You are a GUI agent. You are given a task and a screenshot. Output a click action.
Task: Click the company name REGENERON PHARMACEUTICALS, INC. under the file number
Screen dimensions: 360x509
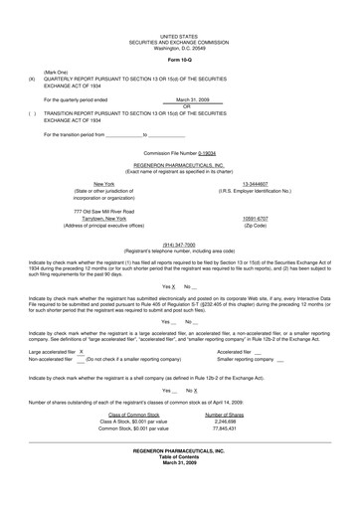point(179,167)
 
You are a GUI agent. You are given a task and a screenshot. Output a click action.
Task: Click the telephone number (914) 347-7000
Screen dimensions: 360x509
point(179,241)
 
